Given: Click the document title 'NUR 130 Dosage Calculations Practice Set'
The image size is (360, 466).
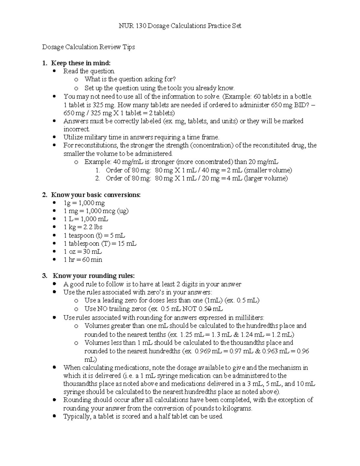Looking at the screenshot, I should pyautogui.click(x=180, y=26).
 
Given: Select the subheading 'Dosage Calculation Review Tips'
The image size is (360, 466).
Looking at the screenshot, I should pyautogui.click(x=88, y=47).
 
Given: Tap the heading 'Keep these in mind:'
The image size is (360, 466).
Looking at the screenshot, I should pyautogui.click(x=81, y=63).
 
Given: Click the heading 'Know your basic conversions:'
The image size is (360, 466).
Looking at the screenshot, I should pyautogui.click(x=96, y=195).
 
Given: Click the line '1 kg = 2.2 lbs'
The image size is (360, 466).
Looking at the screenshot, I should pyautogui.click(x=83, y=227).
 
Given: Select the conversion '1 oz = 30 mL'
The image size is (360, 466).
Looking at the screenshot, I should pyautogui.click(x=82, y=251).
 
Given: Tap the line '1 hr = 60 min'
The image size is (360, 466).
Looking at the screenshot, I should pyautogui.click(x=83, y=260).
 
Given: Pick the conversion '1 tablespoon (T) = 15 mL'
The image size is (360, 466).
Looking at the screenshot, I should pyautogui.click(x=100, y=243).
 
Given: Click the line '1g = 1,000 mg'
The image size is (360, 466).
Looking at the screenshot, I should pyautogui.click(x=84, y=203).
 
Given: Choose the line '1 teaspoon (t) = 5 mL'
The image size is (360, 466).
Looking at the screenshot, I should pyautogui.click(x=94, y=235).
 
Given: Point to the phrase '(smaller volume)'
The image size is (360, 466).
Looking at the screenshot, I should pyautogui.click(x=268, y=170).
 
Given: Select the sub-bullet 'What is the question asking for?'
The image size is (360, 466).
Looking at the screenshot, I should pyautogui.click(x=130, y=79).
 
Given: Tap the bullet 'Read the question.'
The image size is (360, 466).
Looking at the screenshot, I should pyautogui.click(x=89, y=71).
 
